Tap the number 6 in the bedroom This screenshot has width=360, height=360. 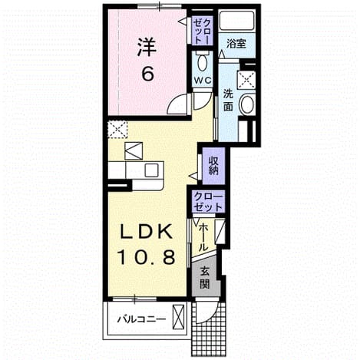148,74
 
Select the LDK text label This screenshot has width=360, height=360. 146,231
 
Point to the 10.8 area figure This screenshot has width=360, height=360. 147,257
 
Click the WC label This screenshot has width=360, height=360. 203,81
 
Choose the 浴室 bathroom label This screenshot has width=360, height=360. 236,44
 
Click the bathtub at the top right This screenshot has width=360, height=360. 236,20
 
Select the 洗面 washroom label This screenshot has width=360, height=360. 228,100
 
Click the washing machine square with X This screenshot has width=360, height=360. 246,80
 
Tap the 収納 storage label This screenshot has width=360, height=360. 213,165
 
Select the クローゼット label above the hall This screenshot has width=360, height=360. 208,202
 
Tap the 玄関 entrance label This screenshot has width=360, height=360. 205,278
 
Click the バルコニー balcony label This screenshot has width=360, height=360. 141,319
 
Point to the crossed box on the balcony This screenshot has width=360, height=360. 178,317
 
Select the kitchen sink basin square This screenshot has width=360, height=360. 151,170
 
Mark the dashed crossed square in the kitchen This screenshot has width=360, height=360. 117,129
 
